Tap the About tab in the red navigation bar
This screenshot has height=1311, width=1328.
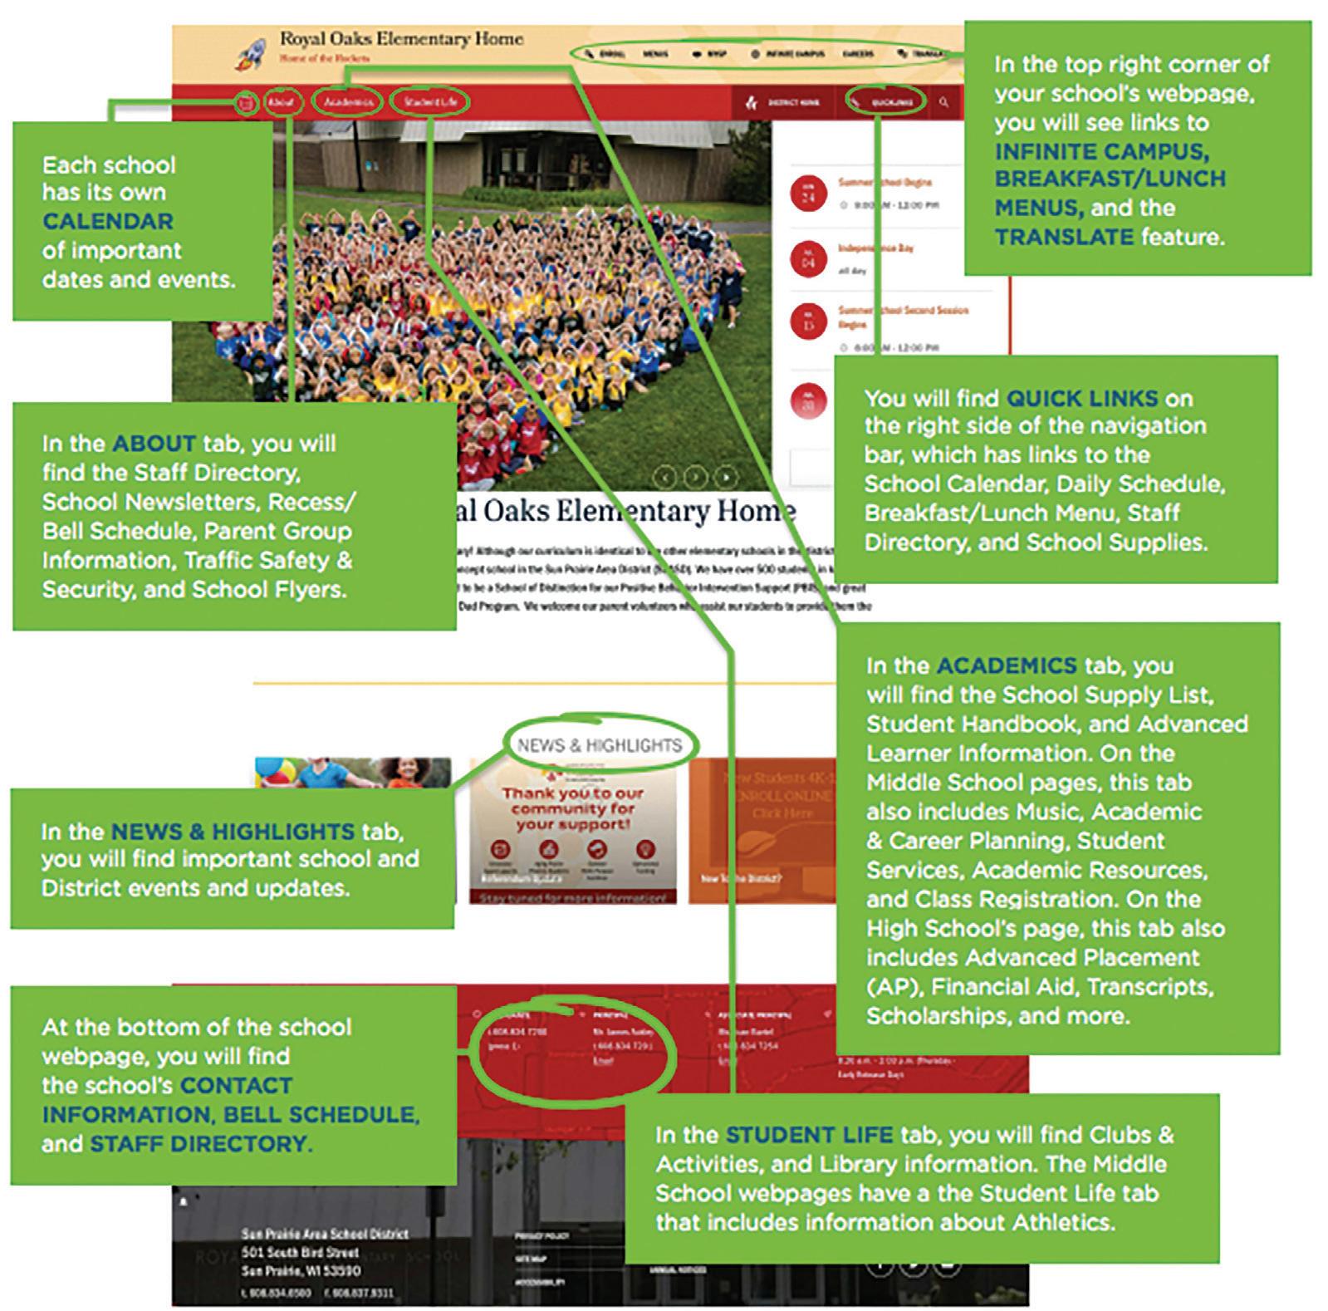pyautogui.click(x=281, y=102)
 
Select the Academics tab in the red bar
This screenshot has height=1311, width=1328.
pyautogui.click(x=348, y=102)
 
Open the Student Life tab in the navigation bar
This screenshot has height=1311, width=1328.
pyautogui.click(x=429, y=102)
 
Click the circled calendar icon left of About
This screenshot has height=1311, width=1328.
pyautogui.click(x=246, y=104)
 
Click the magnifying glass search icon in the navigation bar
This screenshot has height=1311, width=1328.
pyautogui.click(x=944, y=102)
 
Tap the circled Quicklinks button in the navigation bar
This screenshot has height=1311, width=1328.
pyautogui.click(x=887, y=102)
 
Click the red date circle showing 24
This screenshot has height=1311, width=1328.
pyautogui.click(x=808, y=194)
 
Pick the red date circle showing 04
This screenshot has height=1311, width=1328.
pyautogui.click(x=808, y=259)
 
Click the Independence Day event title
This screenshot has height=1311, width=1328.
pyautogui.click(x=875, y=248)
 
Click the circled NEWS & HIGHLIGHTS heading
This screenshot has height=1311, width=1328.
pyautogui.click(x=599, y=745)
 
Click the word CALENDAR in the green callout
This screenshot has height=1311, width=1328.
pyautogui.click(x=108, y=222)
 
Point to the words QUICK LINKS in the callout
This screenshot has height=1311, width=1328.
pyautogui.click(x=1081, y=399)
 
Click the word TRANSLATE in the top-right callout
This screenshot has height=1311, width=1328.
pyautogui.click(x=1064, y=238)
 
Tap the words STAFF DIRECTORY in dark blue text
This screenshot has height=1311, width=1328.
pyautogui.click(x=198, y=1144)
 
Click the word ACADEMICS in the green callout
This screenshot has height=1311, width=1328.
pyautogui.click(x=1007, y=665)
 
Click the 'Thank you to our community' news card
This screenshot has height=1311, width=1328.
pyautogui.click(x=573, y=831)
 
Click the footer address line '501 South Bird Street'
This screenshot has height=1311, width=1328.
pyautogui.click(x=301, y=1252)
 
